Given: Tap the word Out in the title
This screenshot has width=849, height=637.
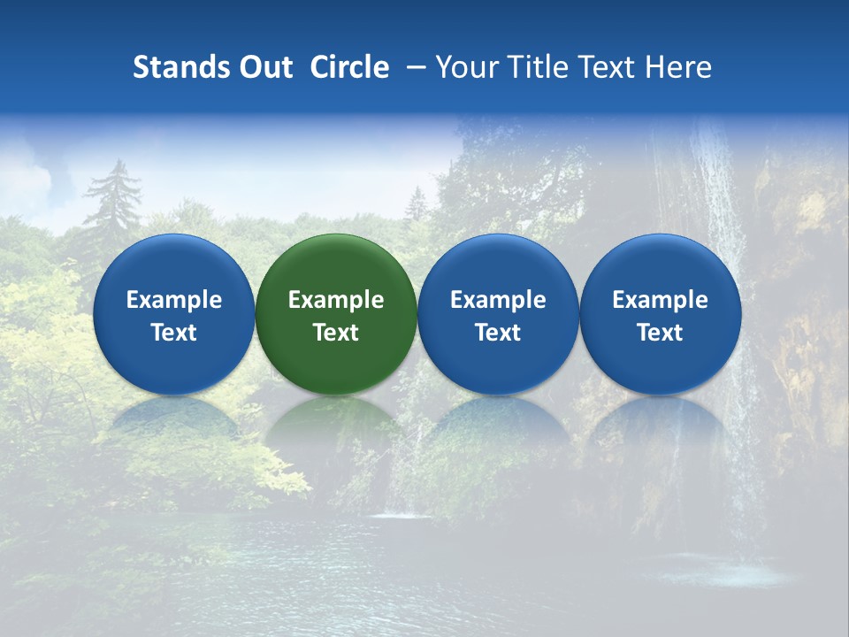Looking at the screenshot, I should (x=264, y=67).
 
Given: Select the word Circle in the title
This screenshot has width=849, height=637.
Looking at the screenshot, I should (x=349, y=67).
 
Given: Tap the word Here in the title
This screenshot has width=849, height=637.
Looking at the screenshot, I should (x=678, y=67).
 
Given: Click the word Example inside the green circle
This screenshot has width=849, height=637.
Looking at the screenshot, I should (x=336, y=300).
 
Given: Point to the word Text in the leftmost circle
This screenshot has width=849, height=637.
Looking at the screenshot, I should (x=173, y=333).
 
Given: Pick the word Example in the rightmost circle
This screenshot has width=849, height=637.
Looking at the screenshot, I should (x=660, y=300).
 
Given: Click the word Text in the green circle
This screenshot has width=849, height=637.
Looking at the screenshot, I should (x=336, y=333).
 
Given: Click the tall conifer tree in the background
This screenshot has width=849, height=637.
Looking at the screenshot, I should (x=112, y=203).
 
